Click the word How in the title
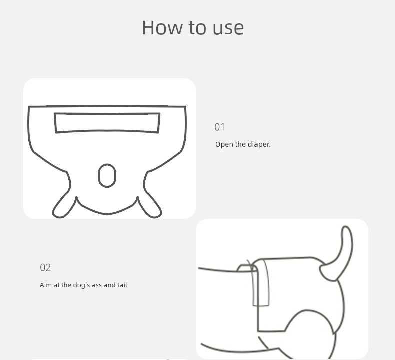[162, 27]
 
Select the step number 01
[219, 127]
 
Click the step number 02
[45, 267]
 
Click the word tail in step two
[122, 285]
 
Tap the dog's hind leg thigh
[312, 332]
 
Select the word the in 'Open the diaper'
[239, 144]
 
